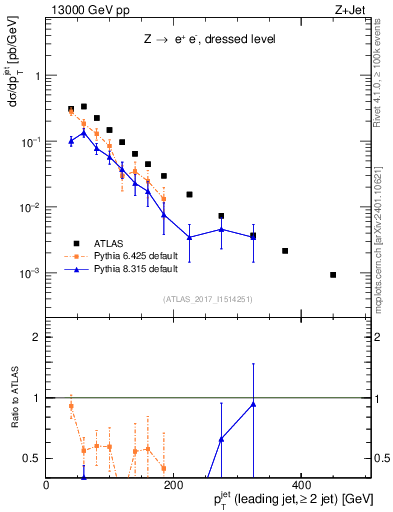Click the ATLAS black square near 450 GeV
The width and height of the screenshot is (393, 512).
pos(333,275)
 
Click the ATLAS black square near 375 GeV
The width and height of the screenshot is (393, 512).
pos(285,251)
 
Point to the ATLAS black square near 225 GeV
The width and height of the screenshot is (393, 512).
pos(190,194)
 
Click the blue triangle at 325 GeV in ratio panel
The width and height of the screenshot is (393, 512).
pos(253,404)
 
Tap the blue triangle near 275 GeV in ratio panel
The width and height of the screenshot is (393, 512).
pos(221,439)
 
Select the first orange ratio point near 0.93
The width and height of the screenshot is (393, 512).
pos(71,406)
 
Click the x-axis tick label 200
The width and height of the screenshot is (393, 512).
pos(173,486)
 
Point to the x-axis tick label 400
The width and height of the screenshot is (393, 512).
pos(301,486)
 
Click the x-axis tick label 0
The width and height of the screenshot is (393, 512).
pos(47,486)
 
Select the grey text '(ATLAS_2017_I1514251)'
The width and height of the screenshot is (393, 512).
pos(208,299)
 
